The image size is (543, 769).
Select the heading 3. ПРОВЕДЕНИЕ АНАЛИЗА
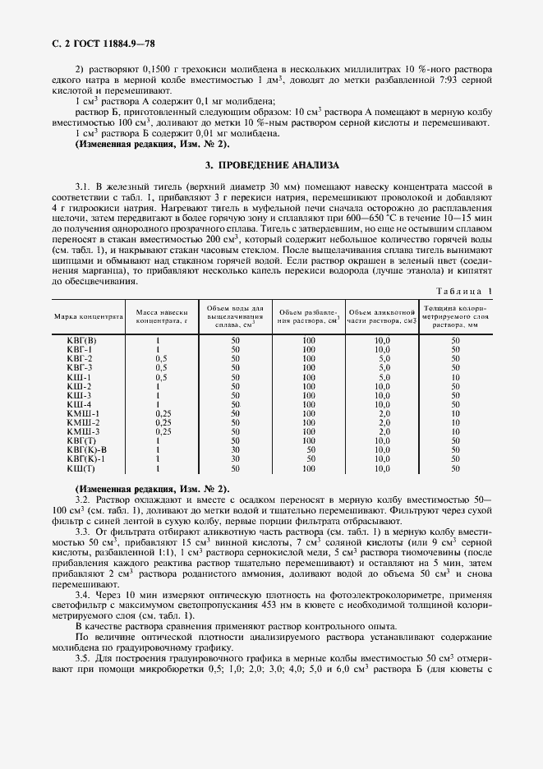pos(272,164)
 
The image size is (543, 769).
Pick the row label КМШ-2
pos(82,422)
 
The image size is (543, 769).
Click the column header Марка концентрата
pos(89,315)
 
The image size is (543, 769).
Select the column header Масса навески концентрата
pos(162,315)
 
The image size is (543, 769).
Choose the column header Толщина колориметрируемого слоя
pos(455,315)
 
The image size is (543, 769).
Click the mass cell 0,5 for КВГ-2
pos(162,358)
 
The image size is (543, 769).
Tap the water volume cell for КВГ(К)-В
pos(235,449)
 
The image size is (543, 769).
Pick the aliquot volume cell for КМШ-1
pos(383,413)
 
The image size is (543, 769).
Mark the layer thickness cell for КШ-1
pos(455,376)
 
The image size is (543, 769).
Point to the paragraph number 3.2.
pos(84,500)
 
